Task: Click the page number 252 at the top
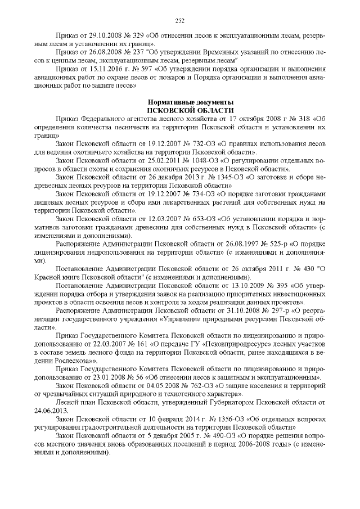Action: point(180,21)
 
